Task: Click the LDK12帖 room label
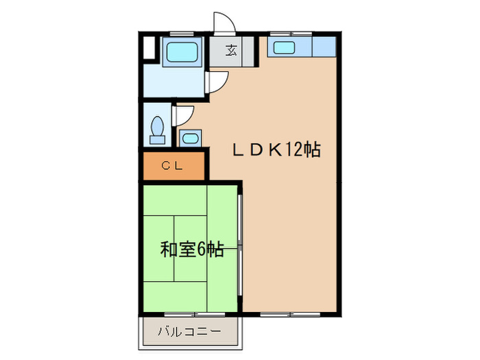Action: [276, 150]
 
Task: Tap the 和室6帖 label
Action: [192, 250]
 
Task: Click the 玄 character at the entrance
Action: [232, 50]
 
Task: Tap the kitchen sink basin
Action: [283, 47]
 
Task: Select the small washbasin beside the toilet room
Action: [189, 138]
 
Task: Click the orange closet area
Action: [174, 166]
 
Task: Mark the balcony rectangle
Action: [191, 333]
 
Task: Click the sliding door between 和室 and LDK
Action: [240, 247]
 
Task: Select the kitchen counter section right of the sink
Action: [324, 47]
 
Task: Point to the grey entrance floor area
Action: [233, 51]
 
